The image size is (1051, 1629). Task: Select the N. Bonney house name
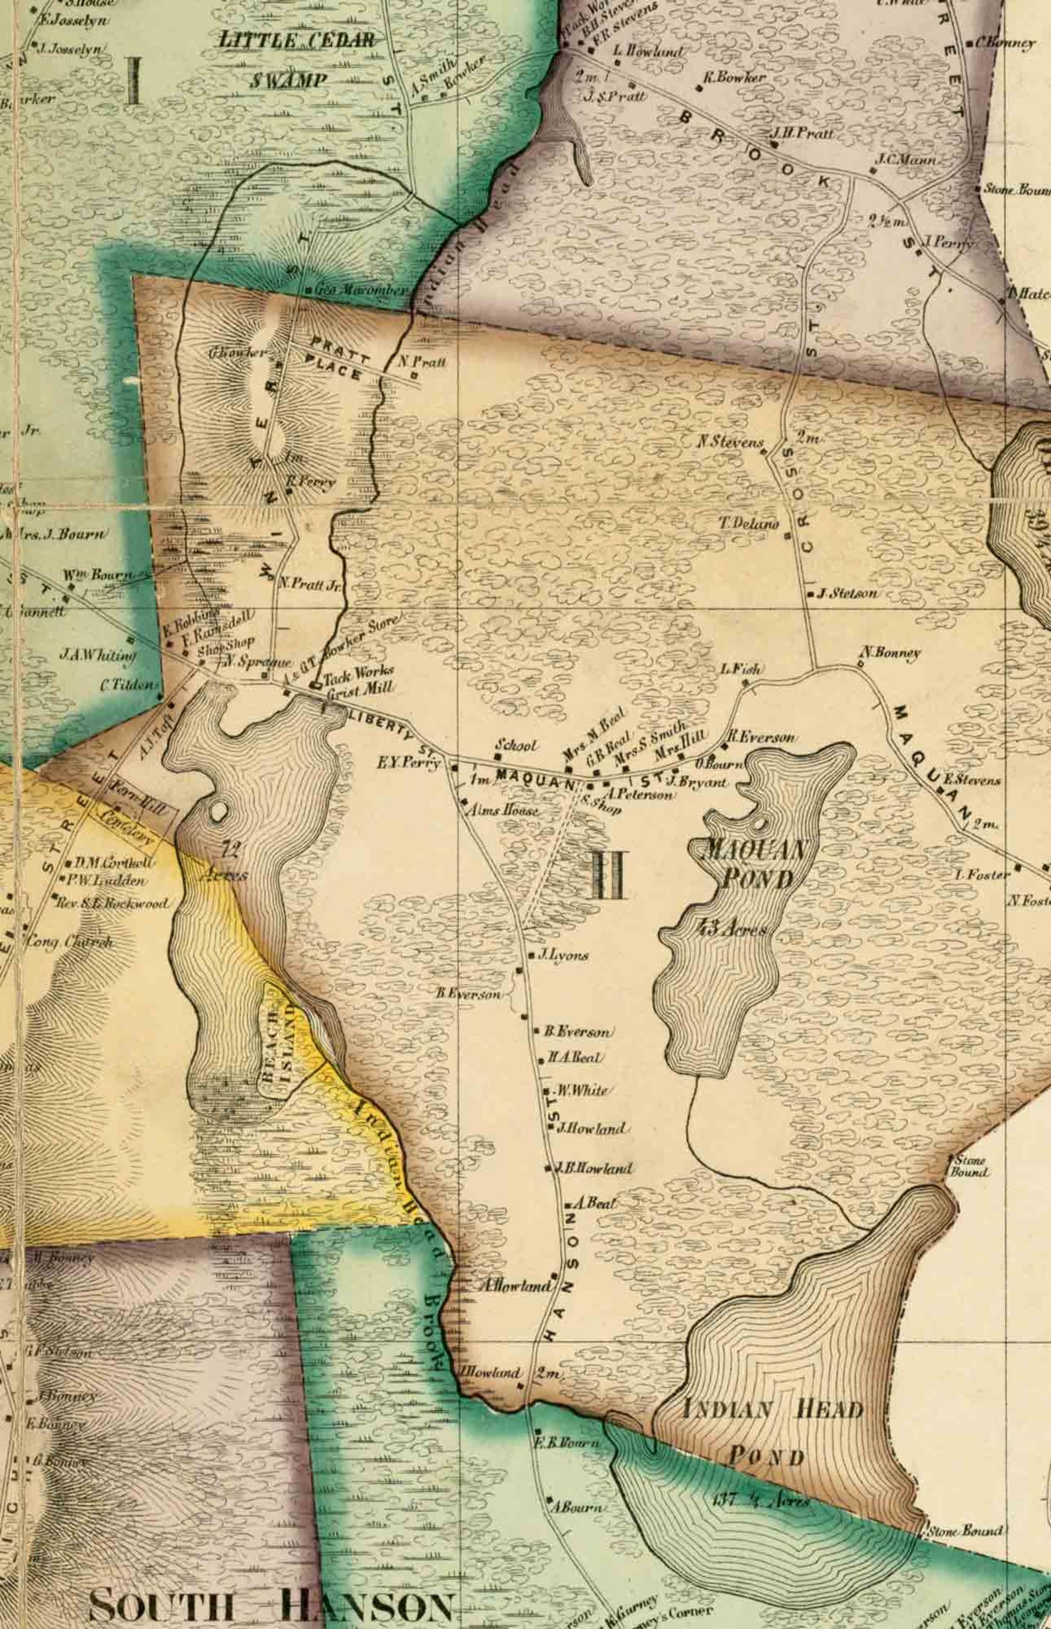[x=890, y=653]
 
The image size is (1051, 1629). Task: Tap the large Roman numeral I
[x=134, y=80]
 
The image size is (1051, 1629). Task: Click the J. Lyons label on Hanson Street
[x=563, y=955]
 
